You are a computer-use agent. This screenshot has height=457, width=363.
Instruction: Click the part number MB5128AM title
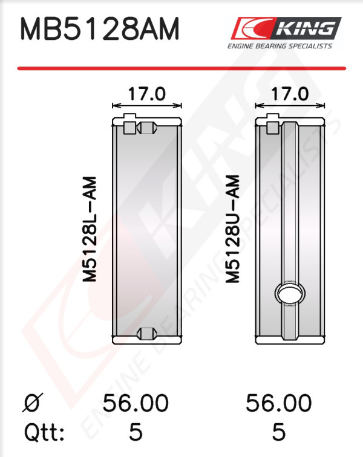[99, 29]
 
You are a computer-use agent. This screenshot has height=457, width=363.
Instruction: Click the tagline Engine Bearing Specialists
[280, 46]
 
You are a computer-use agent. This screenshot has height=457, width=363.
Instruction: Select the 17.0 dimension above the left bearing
[147, 94]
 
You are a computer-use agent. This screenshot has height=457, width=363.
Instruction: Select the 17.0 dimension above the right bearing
[290, 94]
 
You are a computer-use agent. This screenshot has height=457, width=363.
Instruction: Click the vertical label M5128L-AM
[90, 229]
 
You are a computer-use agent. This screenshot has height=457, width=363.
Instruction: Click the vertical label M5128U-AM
[232, 229]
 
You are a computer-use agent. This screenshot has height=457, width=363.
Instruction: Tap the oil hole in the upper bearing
[290, 293]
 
